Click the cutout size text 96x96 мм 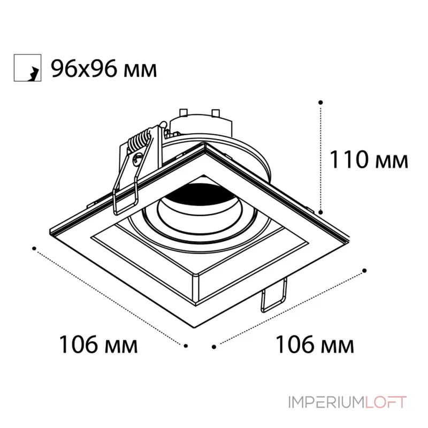coord(104,69)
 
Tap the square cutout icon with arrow coord(28,68)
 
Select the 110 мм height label coord(369,159)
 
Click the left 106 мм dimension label coord(98,345)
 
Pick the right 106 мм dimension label coord(315,345)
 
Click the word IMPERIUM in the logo coord(326,402)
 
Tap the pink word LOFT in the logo coord(386,402)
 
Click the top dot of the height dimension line coord(320,102)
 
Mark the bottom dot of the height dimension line coord(321,212)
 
